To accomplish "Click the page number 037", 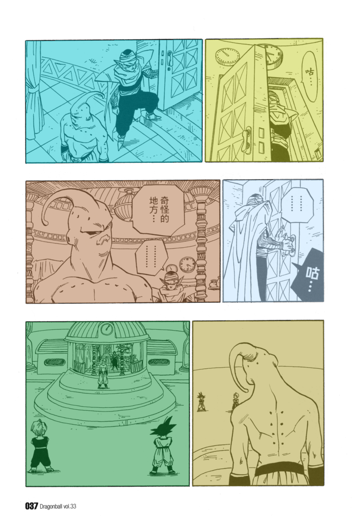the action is [x=32, y=507].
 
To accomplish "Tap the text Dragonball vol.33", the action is [x=58, y=507].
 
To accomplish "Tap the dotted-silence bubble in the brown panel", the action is [x=151, y=257].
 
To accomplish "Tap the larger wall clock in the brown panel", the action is [x=187, y=264].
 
